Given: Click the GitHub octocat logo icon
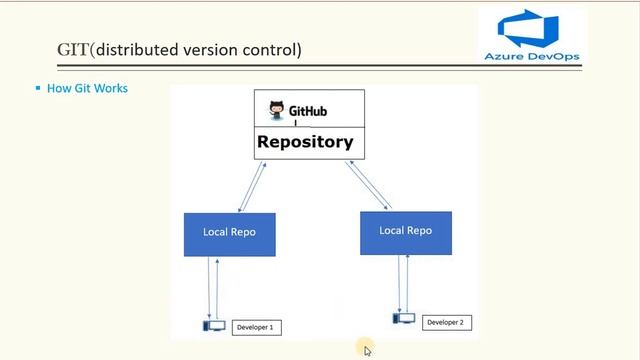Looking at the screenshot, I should point(277,110).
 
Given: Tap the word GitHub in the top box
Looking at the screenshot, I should point(308,111).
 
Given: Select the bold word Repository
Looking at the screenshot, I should point(305,142).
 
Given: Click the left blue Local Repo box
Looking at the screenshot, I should point(229,233).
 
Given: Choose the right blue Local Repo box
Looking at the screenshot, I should point(405,231).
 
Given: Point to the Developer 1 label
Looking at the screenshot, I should point(255,327).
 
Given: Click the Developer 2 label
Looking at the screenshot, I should point(445,322).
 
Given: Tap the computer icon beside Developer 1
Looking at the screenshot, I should point(213,326).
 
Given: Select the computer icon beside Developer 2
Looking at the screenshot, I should point(404,319).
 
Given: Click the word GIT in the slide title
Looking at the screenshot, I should point(73,49).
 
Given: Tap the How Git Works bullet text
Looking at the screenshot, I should point(87,88).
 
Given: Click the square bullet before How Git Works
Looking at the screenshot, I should point(38,88).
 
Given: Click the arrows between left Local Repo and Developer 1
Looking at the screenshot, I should point(212,286).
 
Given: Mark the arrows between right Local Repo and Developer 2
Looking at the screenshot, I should point(403,283).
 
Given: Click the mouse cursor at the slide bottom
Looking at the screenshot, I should point(367,350).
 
